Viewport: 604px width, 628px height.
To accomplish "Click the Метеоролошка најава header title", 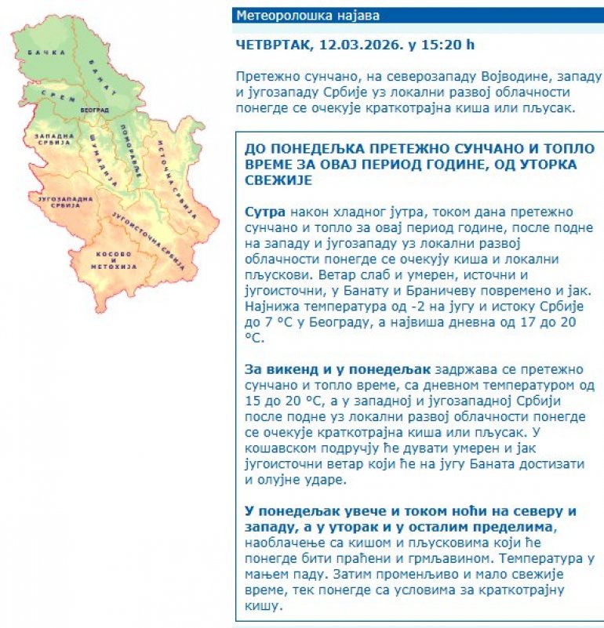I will tap(292, 16).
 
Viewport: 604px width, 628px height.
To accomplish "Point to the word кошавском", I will tap(286, 448).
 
